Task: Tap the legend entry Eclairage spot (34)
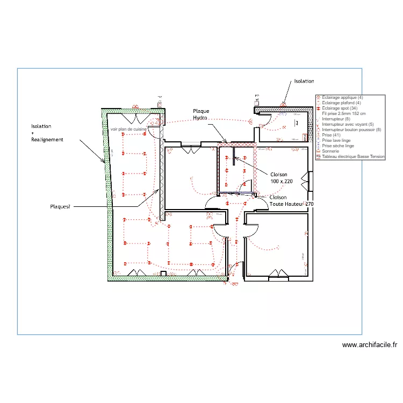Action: [x=339, y=108]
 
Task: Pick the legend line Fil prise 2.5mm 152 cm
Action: [x=344, y=113]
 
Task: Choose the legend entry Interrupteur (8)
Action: [x=336, y=119]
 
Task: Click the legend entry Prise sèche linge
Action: [x=337, y=146]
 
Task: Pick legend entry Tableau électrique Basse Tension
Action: [x=353, y=156]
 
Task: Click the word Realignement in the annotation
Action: [x=47, y=140]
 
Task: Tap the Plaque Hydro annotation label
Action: [x=201, y=114]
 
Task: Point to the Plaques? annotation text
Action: [x=60, y=206]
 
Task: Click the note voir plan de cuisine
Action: [x=128, y=129]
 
